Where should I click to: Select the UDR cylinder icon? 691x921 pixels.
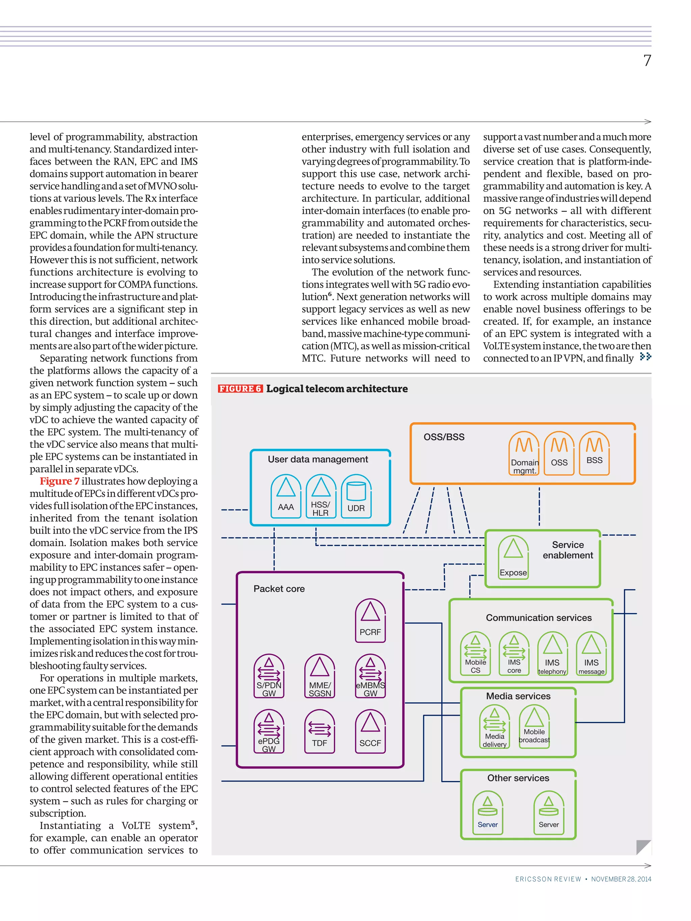point(356,495)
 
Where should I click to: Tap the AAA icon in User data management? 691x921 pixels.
point(286,495)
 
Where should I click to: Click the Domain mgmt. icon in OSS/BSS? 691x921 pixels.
point(524,453)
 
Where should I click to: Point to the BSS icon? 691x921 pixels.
point(595,453)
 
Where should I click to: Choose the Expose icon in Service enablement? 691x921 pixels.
point(513,557)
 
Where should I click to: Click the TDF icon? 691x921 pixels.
point(320,731)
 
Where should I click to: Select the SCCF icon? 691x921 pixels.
point(370,731)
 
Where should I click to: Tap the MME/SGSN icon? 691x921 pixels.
point(320,675)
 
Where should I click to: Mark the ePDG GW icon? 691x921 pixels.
point(269,731)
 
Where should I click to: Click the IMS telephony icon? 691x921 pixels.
point(552,653)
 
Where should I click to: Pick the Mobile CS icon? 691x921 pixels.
point(475,653)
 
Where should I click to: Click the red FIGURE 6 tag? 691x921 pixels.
point(240,388)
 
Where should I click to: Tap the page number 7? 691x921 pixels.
point(647,61)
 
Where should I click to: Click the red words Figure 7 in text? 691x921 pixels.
point(60,481)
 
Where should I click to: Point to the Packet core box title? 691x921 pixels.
point(279,588)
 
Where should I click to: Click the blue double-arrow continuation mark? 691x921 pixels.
point(645,356)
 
